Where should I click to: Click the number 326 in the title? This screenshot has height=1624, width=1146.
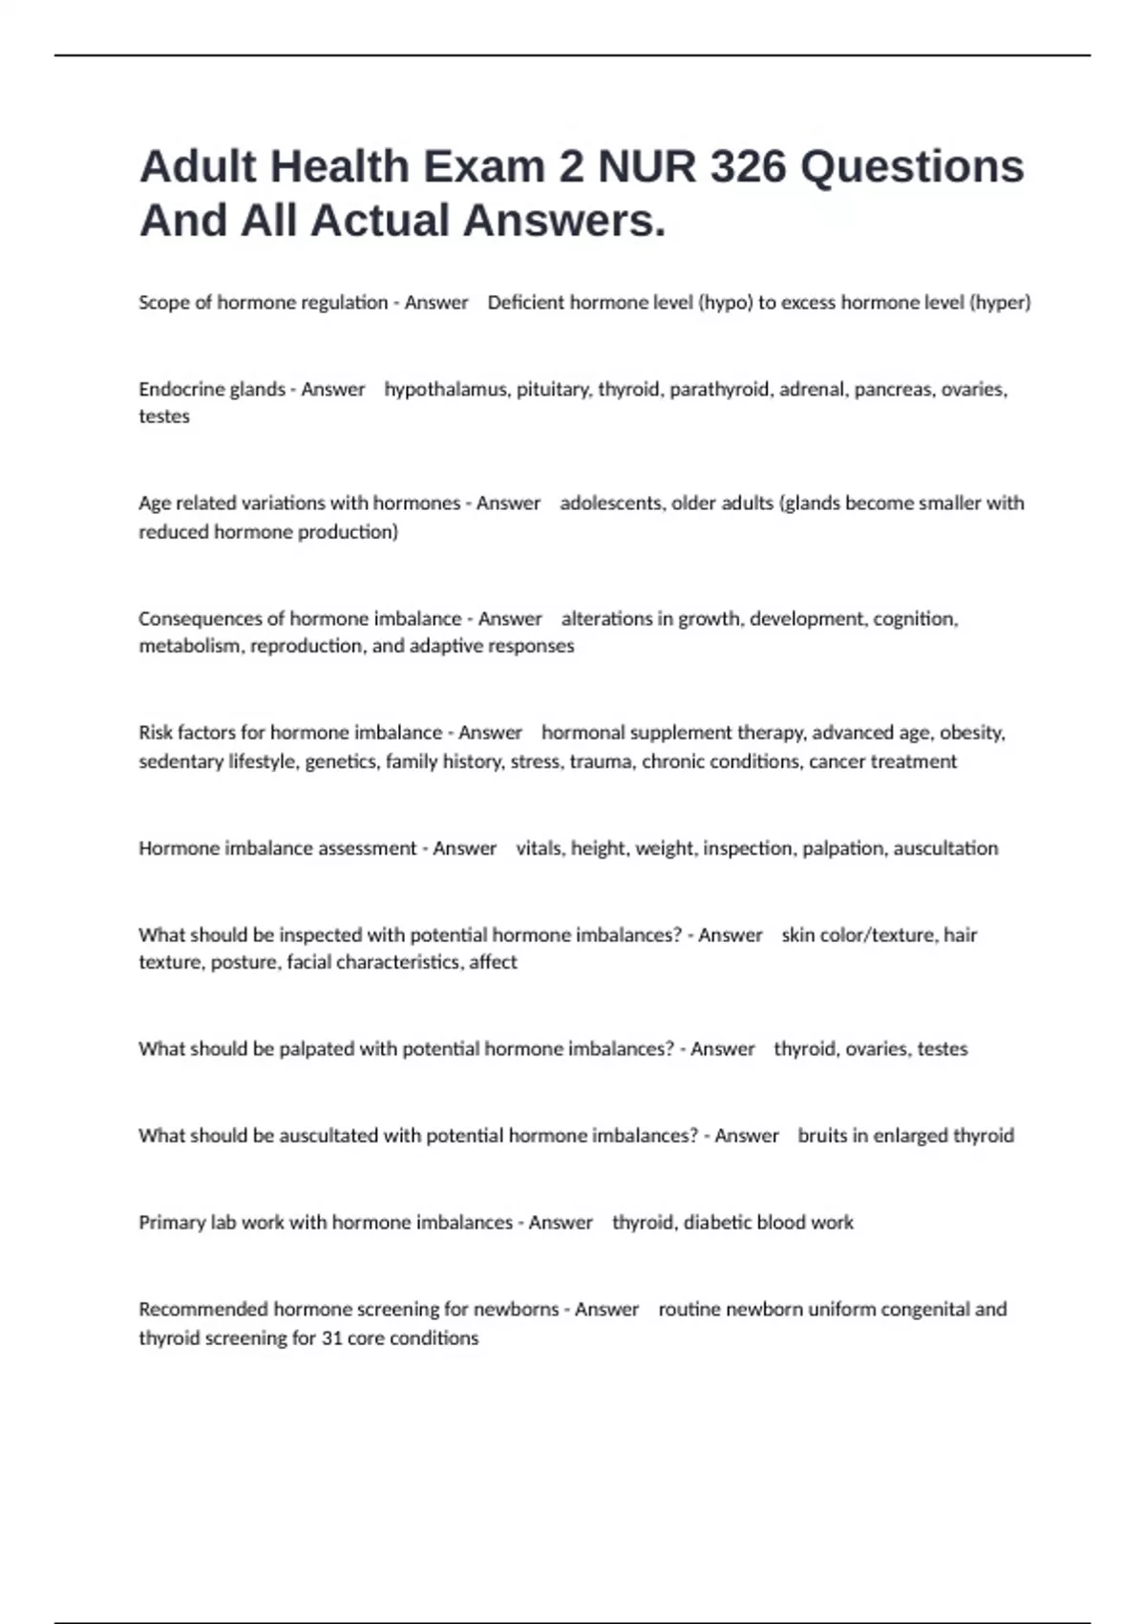coord(748,166)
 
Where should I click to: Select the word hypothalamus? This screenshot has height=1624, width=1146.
coord(445,390)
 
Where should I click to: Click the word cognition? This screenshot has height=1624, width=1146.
coord(915,619)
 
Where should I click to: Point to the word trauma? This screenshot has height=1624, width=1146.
coord(601,761)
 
